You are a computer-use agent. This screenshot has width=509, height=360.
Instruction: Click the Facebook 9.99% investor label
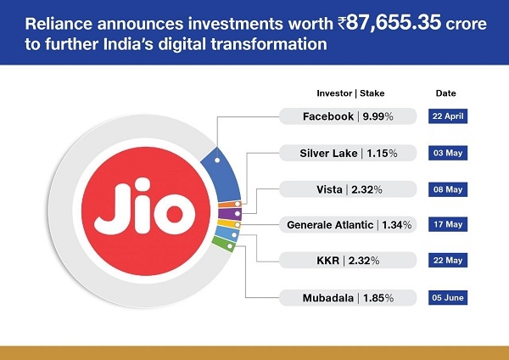(x=348, y=116)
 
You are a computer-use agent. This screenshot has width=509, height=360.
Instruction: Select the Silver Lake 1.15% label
(x=348, y=153)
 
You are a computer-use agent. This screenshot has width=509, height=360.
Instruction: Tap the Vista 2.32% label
(x=348, y=189)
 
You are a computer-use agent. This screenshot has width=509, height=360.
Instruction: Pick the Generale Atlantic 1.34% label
(x=348, y=224)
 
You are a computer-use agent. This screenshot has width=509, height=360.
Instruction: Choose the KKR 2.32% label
(x=348, y=261)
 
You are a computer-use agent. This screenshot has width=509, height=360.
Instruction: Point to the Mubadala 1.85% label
(x=348, y=298)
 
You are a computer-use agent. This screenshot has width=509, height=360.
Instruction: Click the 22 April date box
(x=448, y=116)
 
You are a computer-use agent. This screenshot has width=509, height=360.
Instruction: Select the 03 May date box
(x=448, y=153)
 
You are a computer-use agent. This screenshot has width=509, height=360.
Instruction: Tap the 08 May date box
(x=448, y=189)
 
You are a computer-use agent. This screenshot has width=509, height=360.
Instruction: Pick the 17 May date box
(x=448, y=224)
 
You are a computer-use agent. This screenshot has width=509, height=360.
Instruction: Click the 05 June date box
(x=448, y=298)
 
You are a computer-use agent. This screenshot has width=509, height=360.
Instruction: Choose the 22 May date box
(x=448, y=261)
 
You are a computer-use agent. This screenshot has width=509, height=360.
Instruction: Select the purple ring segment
(x=230, y=214)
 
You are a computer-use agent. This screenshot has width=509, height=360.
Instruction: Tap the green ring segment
(x=223, y=245)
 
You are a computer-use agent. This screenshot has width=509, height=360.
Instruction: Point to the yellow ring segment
(x=229, y=224)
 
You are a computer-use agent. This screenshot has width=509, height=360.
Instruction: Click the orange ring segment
(x=230, y=205)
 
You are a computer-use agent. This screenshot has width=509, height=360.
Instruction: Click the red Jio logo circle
(x=146, y=211)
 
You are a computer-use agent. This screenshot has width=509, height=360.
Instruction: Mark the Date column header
(x=445, y=93)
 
